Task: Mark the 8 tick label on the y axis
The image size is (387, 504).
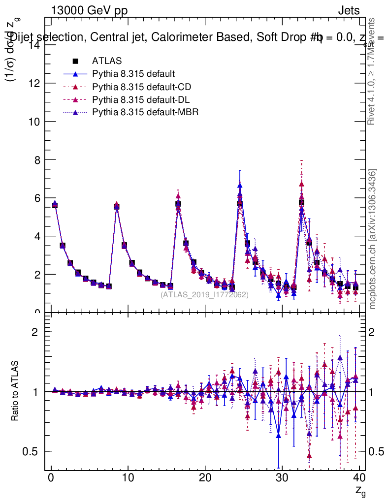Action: [x=35, y=160]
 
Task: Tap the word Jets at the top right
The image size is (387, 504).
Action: [x=348, y=10]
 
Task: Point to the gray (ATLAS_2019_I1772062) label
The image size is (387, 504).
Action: [x=204, y=294]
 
